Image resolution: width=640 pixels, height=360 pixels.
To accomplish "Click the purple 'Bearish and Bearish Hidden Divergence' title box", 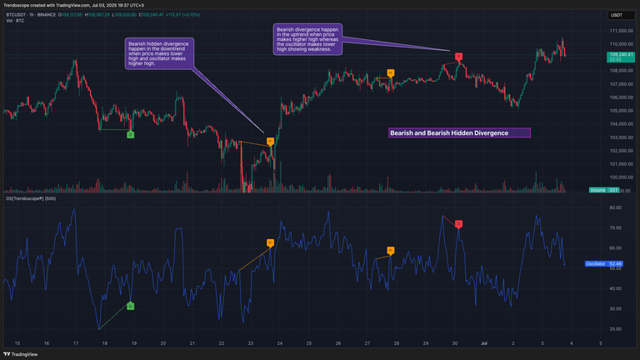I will (459, 132).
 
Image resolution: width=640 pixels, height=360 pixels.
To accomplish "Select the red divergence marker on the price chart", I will (458, 57).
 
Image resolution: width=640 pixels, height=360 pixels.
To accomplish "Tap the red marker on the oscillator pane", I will (458, 224).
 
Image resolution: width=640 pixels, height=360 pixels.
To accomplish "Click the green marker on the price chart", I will (130, 134).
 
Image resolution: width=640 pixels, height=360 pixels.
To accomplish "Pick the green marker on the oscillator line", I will (130, 307).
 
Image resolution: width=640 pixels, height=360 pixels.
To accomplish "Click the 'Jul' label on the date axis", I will (483, 342).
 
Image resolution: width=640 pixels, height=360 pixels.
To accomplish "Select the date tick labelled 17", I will (76, 342).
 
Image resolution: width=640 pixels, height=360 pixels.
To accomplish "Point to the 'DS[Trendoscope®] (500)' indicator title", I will (32, 198).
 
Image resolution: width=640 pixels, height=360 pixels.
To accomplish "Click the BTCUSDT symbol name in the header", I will (19, 14).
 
